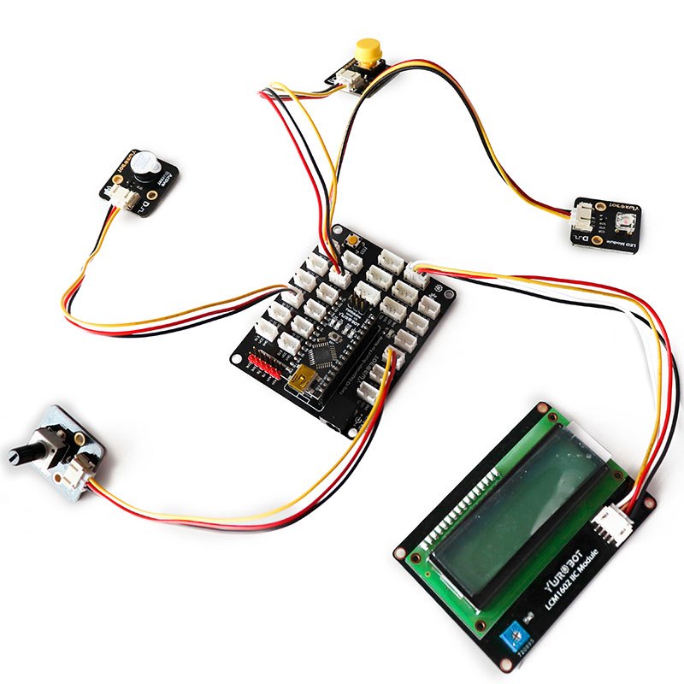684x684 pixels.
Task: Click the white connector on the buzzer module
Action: point(126,198)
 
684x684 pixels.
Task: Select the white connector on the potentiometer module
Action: point(80,468)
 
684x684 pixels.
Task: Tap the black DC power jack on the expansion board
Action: point(342,420)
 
